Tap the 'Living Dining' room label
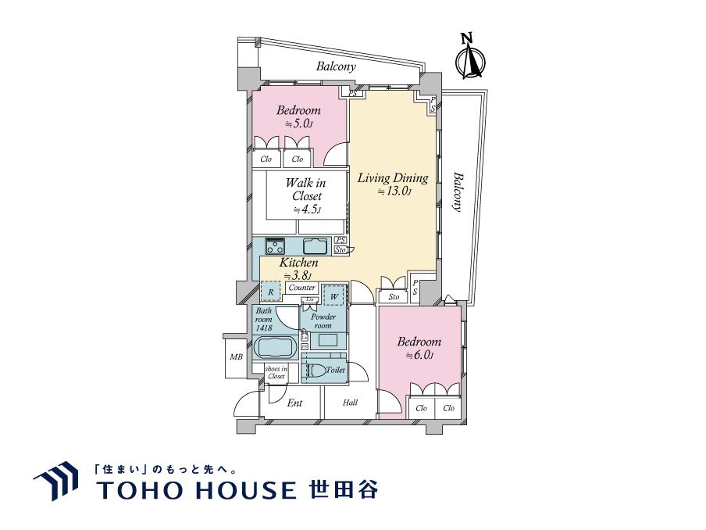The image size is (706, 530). [x=392, y=178]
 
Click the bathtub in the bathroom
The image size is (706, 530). [x=274, y=346]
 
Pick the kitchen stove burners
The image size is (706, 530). [x=275, y=246]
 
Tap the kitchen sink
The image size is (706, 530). [x=319, y=245]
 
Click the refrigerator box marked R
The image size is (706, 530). [x=270, y=292]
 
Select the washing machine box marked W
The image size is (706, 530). [x=334, y=296]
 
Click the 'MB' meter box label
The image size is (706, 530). [x=235, y=358]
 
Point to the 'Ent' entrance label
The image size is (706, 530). [x=294, y=403]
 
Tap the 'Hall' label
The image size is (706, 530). [x=350, y=403]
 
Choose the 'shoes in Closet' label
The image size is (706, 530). [x=276, y=372]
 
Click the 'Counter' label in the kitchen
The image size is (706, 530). [x=301, y=288]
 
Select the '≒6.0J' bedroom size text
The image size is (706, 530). [x=419, y=356]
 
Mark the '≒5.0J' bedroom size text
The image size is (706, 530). [x=298, y=124]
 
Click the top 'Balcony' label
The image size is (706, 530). [x=336, y=67]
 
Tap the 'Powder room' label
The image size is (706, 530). [x=323, y=321]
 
